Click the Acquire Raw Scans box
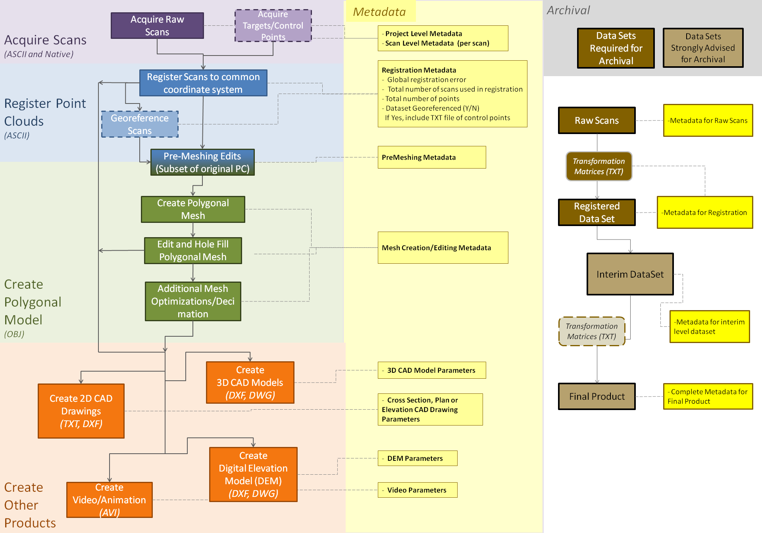pyautogui.click(x=157, y=26)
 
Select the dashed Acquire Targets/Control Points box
pyautogui.click(x=273, y=26)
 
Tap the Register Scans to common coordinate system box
pyautogui.click(x=203, y=83)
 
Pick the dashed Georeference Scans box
pyautogui.click(x=140, y=124)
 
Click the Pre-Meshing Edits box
pyautogui.click(x=202, y=162)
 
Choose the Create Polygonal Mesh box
pyautogui.click(x=193, y=209)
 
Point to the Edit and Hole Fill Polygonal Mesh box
pyautogui.click(x=193, y=251)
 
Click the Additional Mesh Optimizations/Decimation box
pyautogui.click(x=193, y=301)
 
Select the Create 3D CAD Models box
pyautogui.click(x=250, y=383)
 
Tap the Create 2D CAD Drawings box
pyautogui.click(x=81, y=411)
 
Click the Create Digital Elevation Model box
pyautogui.click(x=253, y=475)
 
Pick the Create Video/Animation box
pyautogui.click(x=110, y=500)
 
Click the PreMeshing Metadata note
pyautogui.click(x=432, y=157)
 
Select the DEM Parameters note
pyautogui.click(x=418, y=458)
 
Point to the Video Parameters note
pyautogui.click(x=418, y=490)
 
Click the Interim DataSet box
pyautogui.click(x=630, y=274)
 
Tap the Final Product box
pyautogui.click(x=597, y=397)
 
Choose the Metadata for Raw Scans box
pyautogui.click(x=708, y=121)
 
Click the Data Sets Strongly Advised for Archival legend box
pyautogui.click(x=703, y=48)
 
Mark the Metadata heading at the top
pyautogui.click(x=379, y=12)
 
